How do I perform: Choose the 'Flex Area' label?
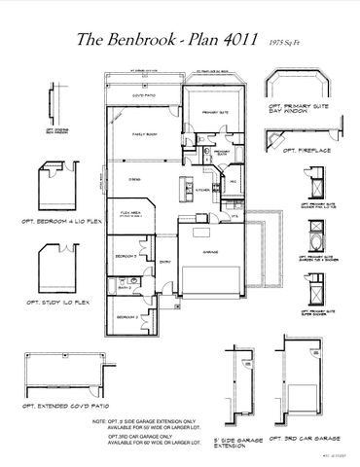click(x=132, y=212)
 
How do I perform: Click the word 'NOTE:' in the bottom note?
click(x=101, y=421)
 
